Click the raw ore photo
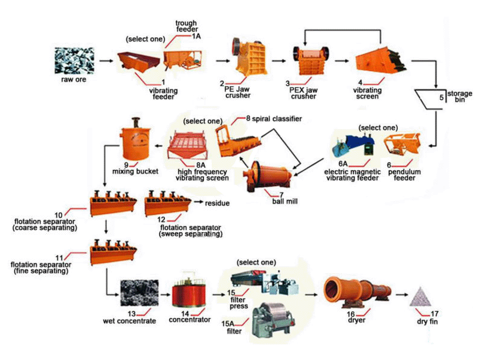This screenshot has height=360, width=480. [x=74, y=61]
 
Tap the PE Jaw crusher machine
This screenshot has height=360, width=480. [x=250, y=57]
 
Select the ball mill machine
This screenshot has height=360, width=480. [x=267, y=176]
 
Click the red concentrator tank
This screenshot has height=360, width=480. [x=189, y=292]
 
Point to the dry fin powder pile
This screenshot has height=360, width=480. [x=421, y=297]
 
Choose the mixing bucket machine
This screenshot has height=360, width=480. [x=136, y=139]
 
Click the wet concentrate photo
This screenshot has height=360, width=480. [x=140, y=293]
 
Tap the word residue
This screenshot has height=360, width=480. [x=217, y=203]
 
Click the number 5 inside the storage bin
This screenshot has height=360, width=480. [x=442, y=97]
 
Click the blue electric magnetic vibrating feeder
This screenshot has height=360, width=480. [x=354, y=145]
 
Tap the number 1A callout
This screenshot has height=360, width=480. [x=196, y=36]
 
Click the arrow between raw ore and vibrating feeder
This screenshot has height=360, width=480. [x=106, y=61]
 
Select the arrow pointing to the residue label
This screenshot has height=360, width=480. [x=198, y=202]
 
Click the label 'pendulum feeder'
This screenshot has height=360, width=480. [x=404, y=175]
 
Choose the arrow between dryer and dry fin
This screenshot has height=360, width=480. [x=401, y=295]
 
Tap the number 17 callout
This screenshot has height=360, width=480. [x=434, y=314]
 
